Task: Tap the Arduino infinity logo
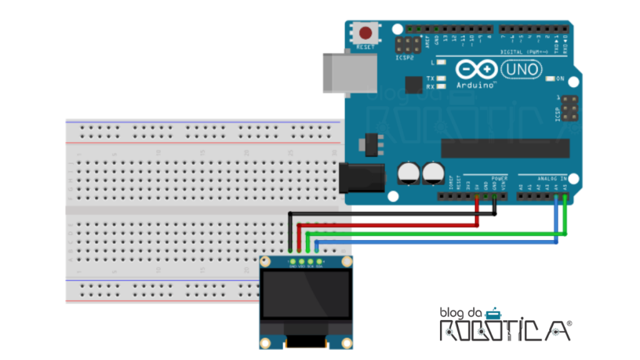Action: pyautogui.click(x=476, y=68)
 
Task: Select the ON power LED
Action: pyautogui.click(x=550, y=79)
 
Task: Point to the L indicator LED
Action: pyautogui.click(x=441, y=62)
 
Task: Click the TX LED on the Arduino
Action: pyautogui.click(x=441, y=78)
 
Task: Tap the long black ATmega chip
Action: pyautogui.click(x=505, y=148)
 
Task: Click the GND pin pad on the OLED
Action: pyautogui.click(x=292, y=261)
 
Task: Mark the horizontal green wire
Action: pyautogui.click(x=437, y=235)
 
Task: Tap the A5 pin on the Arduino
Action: pyautogui.click(x=565, y=196)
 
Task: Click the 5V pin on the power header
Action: pyautogui.click(x=477, y=196)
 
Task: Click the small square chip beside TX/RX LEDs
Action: pyautogui.click(x=414, y=84)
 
